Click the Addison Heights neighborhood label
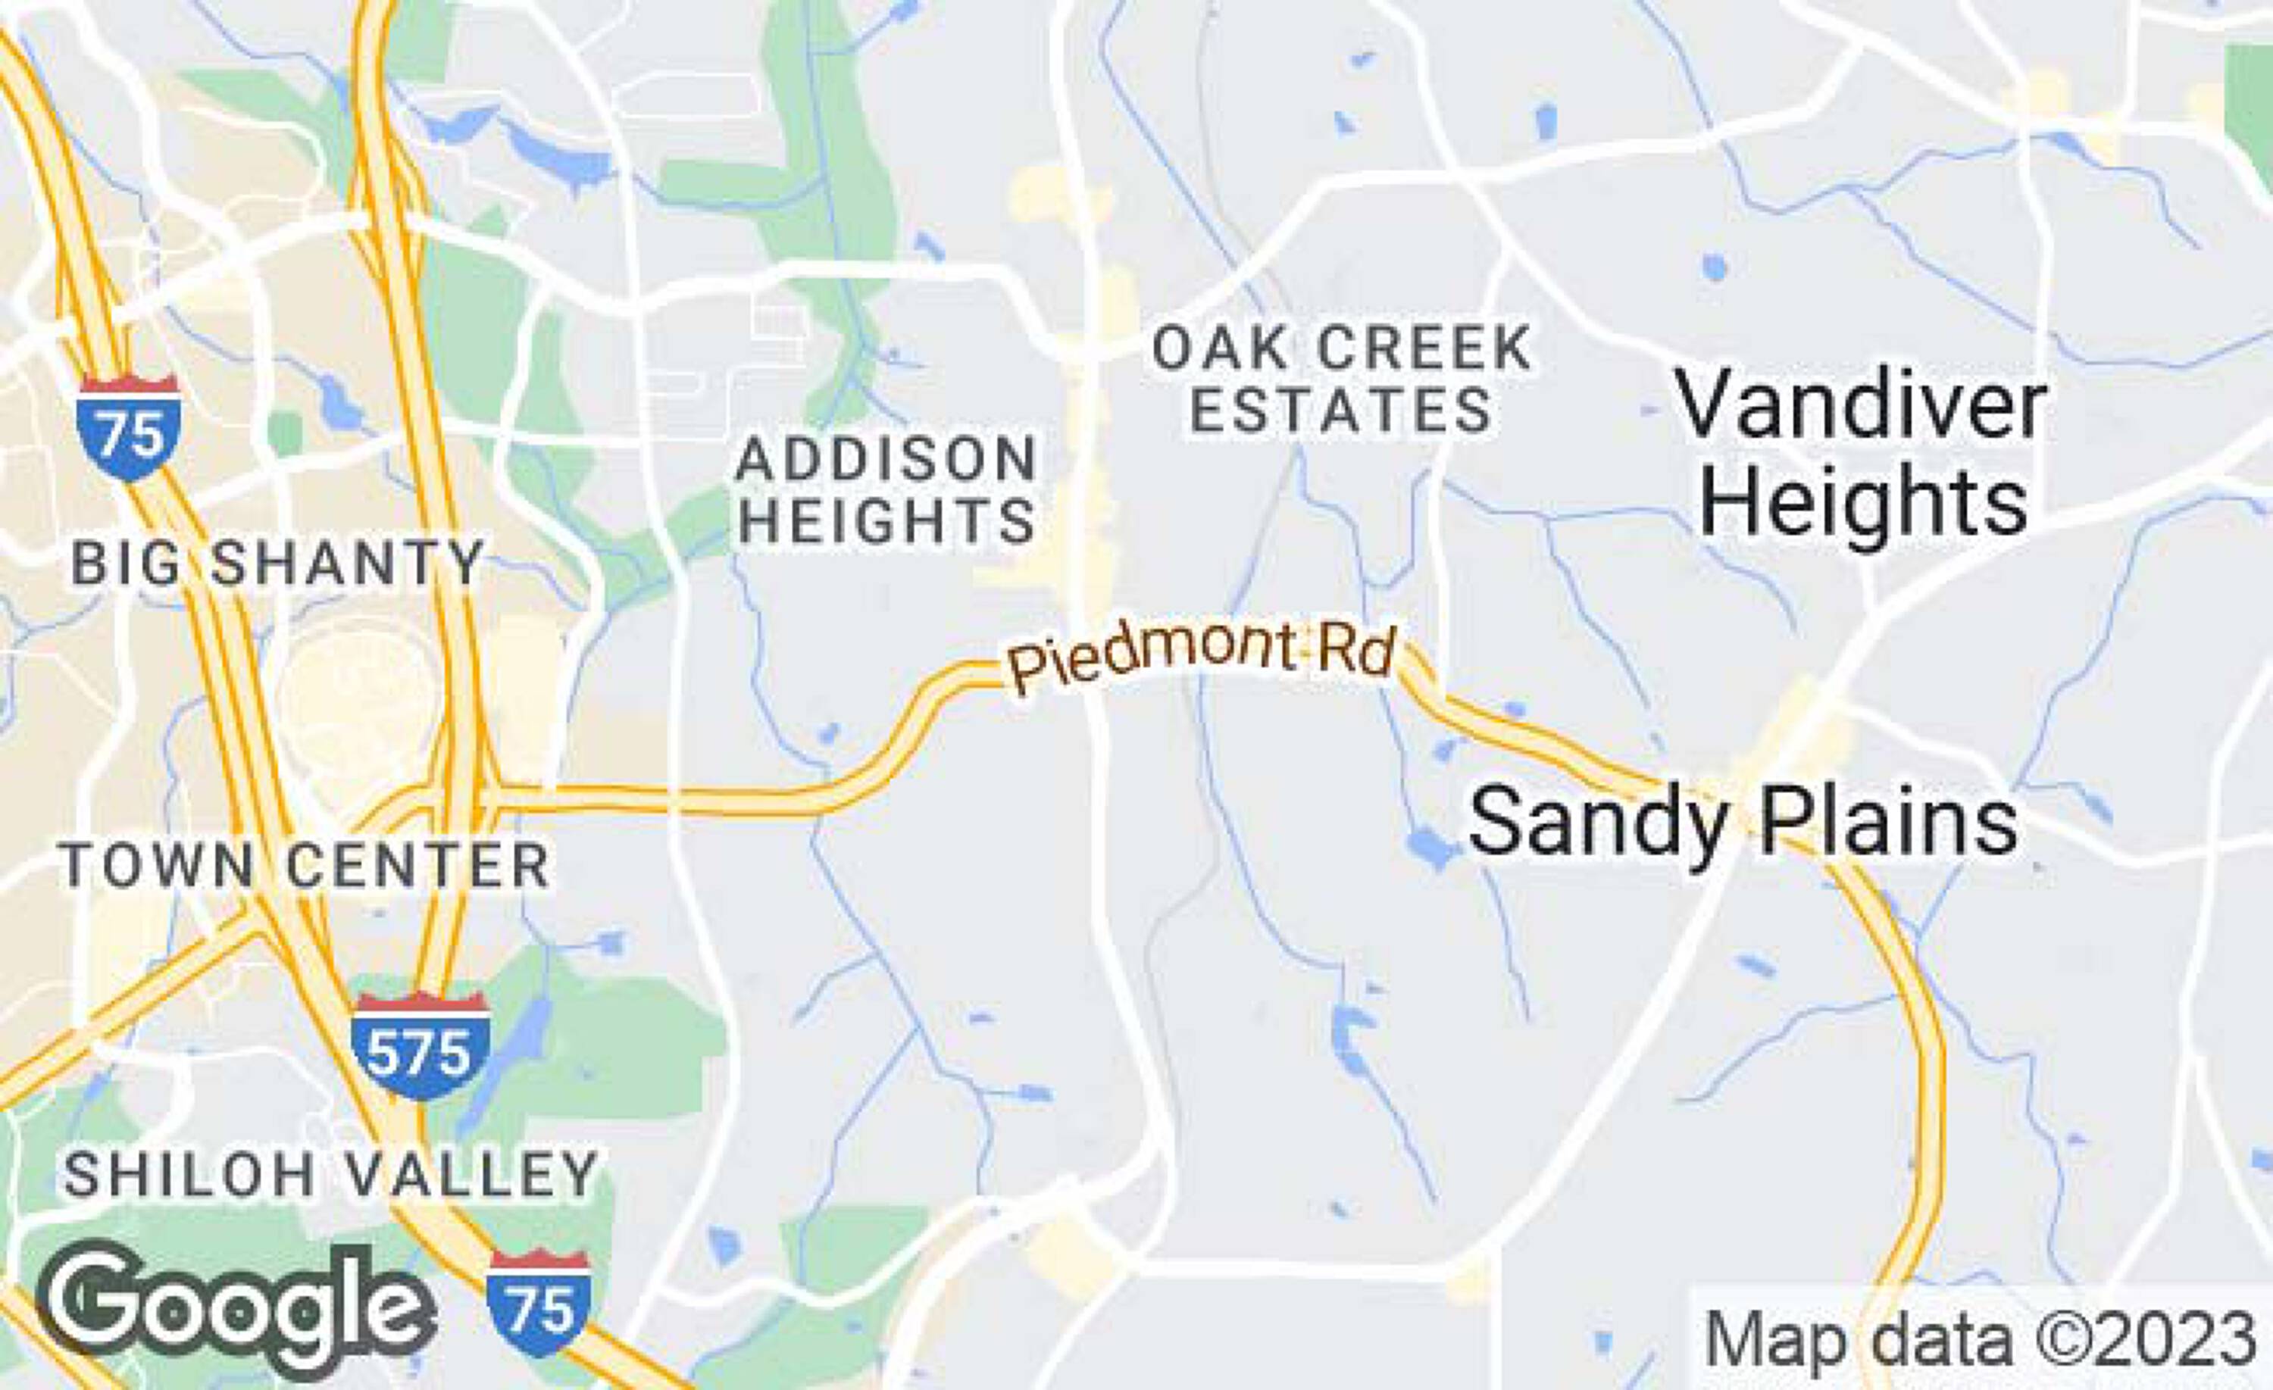[x=886, y=490]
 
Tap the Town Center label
[x=305, y=865]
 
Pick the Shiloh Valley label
[x=332, y=1174]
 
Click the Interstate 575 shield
[x=420, y=1046]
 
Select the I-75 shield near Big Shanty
[x=129, y=428]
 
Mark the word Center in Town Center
[x=417, y=865]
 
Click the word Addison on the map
[x=886, y=458]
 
